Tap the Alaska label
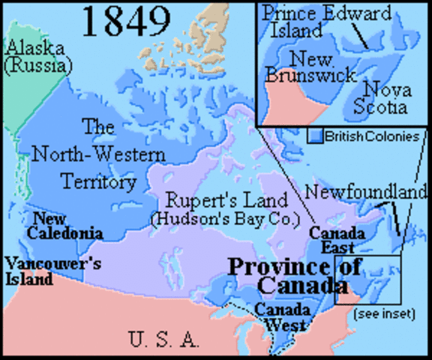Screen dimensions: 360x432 [35, 49]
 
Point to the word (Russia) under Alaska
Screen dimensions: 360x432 [37, 66]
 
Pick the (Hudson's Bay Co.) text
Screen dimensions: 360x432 [225, 219]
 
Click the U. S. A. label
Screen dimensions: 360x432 [163, 340]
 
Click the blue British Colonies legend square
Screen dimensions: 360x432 [316, 136]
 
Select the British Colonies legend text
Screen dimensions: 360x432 [369, 136]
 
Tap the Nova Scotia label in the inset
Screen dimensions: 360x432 [385, 98]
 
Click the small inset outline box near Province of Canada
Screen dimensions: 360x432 [368, 279]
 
